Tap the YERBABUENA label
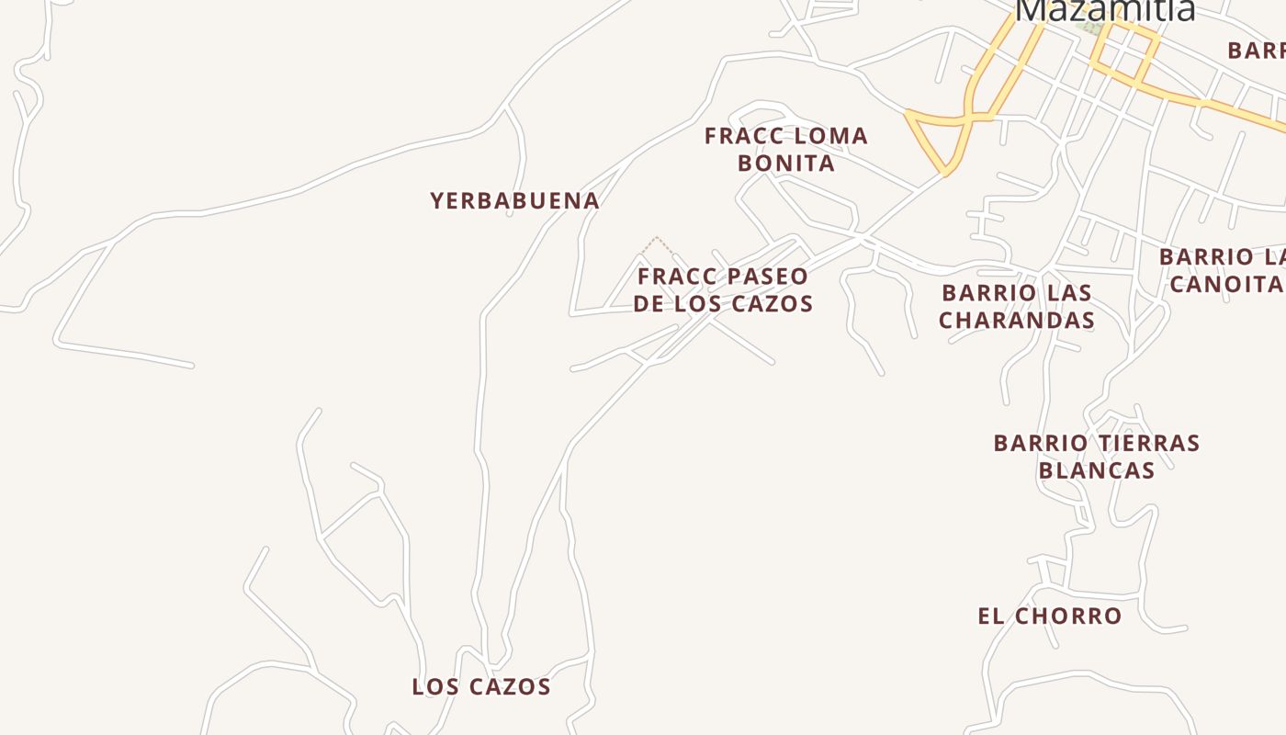(x=514, y=200)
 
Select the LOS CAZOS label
(x=481, y=686)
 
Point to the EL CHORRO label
(x=1049, y=616)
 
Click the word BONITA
(x=786, y=164)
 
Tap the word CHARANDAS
(x=1017, y=320)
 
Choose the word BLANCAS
(x=1096, y=470)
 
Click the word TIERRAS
(x=1148, y=443)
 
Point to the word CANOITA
(x=1226, y=283)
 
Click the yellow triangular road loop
(x=939, y=138)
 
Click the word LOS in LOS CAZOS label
(x=433, y=686)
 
